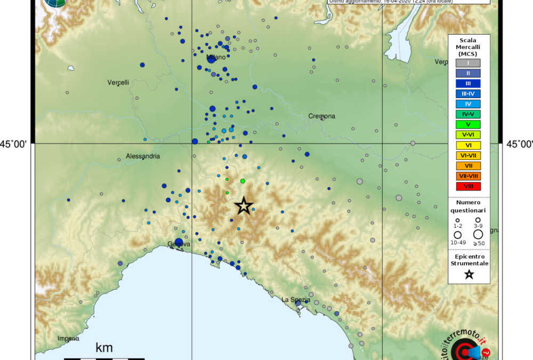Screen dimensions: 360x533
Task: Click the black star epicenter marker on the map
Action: pos(244,205)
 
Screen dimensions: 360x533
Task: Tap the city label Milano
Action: pos(216,57)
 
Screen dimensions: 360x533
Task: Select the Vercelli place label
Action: pos(118,82)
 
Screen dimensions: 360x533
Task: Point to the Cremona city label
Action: pos(322,116)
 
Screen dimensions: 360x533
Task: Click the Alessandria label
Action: pos(143,156)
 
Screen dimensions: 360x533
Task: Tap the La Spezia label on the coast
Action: pos(296,299)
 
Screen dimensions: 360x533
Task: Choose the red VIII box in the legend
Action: pos(469,186)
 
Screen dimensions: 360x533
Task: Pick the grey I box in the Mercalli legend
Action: pos(469,63)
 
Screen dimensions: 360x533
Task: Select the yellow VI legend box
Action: pos(469,145)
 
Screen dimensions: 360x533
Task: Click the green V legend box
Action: pos(469,125)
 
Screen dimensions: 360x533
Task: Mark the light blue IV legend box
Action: pos(469,104)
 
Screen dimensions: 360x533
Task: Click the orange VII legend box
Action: pos(469,166)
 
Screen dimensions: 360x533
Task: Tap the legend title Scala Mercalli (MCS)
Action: pos(468,47)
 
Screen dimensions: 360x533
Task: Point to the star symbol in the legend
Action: pos(469,274)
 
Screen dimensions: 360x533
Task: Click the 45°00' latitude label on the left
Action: pos(17,143)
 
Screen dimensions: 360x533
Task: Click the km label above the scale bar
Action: pos(104,348)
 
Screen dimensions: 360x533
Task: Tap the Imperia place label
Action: pos(68,339)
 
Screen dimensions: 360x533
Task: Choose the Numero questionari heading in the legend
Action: pos(469,206)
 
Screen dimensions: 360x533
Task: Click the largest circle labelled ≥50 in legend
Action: pos(478,234)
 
